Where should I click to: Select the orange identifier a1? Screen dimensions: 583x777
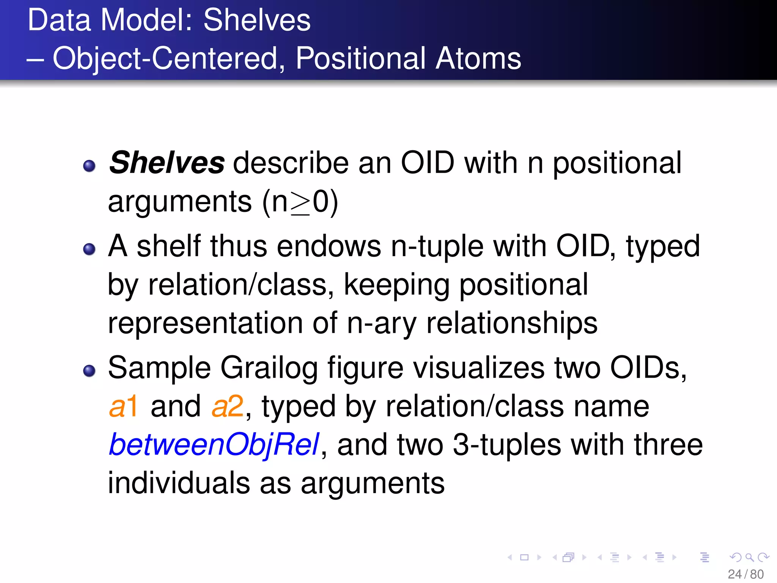(x=123, y=407)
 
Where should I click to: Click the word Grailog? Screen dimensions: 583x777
(x=269, y=368)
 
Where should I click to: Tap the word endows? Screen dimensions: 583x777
(x=329, y=246)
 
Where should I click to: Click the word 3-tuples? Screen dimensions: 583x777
(x=507, y=445)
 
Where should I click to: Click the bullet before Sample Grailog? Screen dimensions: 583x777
(x=89, y=371)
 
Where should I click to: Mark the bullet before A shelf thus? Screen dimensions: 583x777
(x=89, y=249)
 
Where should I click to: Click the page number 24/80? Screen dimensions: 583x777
(x=746, y=574)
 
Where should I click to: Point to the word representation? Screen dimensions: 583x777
(x=205, y=323)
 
